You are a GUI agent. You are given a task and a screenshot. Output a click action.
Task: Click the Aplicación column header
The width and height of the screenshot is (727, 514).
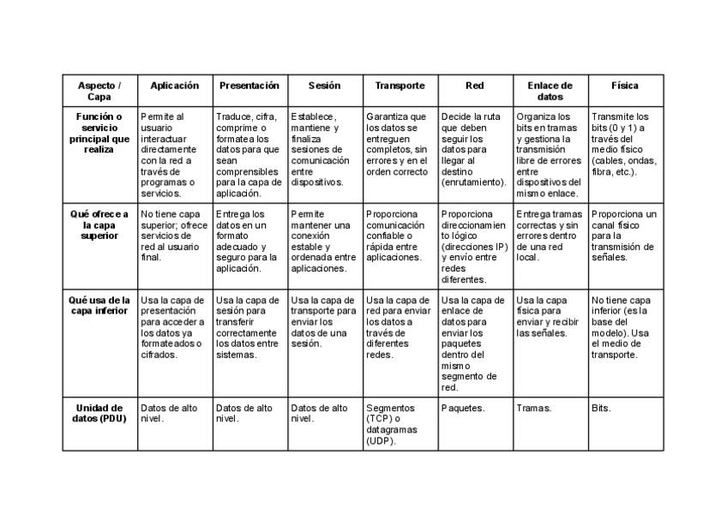(x=175, y=86)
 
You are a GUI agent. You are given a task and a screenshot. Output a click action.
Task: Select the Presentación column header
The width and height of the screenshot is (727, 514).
(x=249, y=86)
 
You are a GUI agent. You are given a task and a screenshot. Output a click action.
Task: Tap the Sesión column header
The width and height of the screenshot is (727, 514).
(x=325, y=86)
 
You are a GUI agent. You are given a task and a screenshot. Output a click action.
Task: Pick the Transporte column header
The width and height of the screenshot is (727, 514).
(x=400, y=86)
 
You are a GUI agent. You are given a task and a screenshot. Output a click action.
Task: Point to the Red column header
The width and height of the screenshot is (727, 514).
(x=474, y=86)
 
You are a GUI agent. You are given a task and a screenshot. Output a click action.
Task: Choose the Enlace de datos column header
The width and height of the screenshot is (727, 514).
(x=550, y=91)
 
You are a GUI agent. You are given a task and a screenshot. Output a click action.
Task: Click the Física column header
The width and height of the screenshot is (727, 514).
(x=624, y=86)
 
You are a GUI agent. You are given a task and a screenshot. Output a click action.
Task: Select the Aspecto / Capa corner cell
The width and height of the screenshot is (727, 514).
(x=99, y=91)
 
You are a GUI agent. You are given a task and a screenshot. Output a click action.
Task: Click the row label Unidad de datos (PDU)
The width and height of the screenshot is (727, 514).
(x=99, y=413)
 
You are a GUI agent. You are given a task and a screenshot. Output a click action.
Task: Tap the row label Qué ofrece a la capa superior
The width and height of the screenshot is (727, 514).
(x=99, y=224)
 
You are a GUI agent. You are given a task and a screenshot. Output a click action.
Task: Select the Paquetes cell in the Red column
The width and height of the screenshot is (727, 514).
(x=463, y=408)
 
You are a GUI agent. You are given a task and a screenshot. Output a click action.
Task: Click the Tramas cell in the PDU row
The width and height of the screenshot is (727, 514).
(x=533, y=408)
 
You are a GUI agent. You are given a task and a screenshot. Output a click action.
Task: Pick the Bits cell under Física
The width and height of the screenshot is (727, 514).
(x=601, y=408)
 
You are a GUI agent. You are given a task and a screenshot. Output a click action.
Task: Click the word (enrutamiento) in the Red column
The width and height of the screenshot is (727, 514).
(x=473, y=182)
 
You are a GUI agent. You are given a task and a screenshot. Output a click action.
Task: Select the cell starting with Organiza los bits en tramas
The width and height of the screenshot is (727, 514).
(x=550, y=154)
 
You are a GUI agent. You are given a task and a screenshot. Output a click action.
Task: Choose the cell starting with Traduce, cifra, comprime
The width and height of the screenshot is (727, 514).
(x=249, y=154)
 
